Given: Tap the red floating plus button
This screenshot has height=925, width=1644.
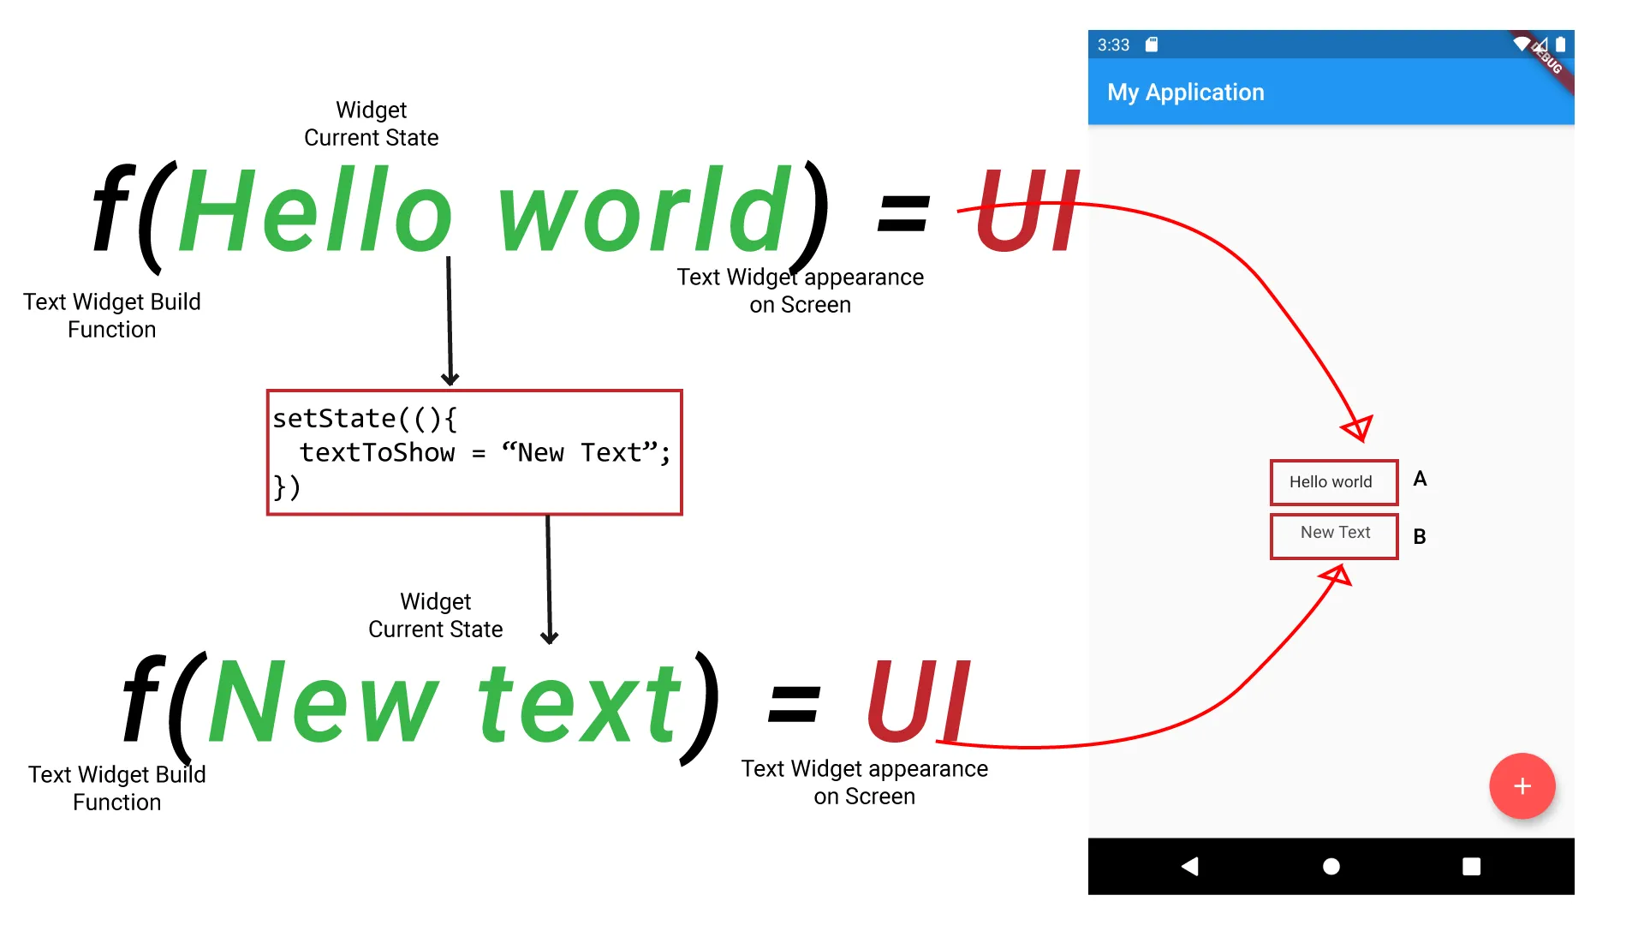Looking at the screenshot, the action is click(1522, 786).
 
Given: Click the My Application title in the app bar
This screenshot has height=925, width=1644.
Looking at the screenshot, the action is click(1185, 92).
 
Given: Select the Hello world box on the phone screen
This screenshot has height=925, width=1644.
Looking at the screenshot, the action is click(1334, 482).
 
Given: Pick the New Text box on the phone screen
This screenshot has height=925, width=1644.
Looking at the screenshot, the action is click(1334, 536).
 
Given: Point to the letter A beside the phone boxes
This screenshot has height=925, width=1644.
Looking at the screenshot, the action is click(1420, 479).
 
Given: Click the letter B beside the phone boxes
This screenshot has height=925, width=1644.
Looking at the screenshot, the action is click(1420, 536).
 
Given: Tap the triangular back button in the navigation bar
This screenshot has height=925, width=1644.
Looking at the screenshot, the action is click(1189, 867).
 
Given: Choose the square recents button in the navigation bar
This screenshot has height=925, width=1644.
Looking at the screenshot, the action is click(1471, 867).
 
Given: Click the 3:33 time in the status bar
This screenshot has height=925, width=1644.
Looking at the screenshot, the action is click(1113, 45).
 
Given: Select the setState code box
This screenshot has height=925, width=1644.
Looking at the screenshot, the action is click(474, 452).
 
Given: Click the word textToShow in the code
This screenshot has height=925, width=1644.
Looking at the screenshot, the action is click(377, 452).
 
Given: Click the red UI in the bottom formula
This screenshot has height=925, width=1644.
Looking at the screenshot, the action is click(918, 701).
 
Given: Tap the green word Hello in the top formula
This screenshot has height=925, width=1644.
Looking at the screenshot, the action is click(315, 210).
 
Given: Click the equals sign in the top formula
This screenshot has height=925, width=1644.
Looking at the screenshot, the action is click(903, 213).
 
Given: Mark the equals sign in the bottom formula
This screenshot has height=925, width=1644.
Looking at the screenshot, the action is click(795, 705).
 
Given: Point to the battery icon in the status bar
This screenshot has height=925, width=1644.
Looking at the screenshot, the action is click(1560, 45).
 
